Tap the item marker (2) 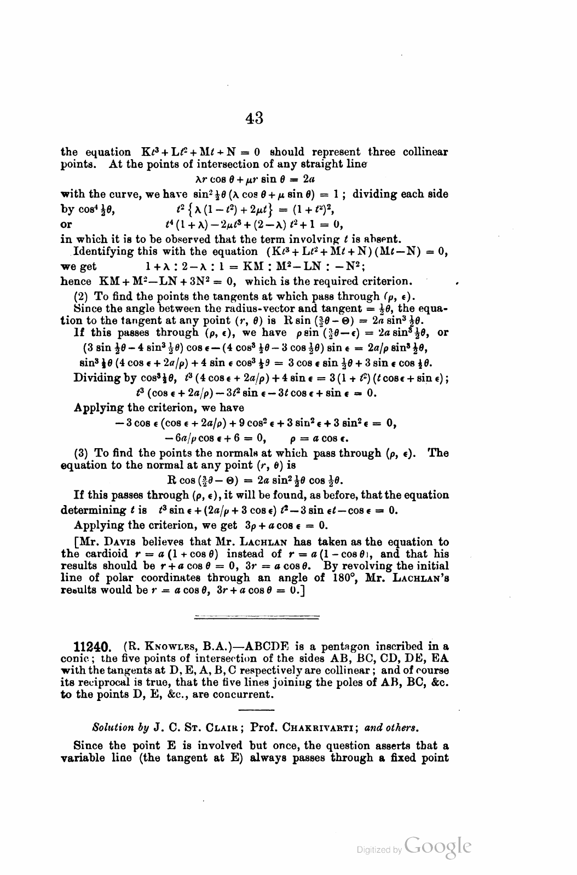82,297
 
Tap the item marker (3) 82,453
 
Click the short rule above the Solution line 256,710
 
